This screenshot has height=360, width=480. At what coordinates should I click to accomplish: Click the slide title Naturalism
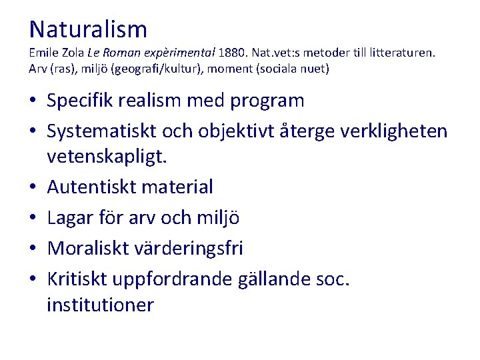click(x=88, y=29)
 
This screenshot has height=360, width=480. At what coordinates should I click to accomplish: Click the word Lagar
click(x=69, y=217)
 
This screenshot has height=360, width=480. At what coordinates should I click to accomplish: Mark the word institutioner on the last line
click(x=100, y=305)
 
